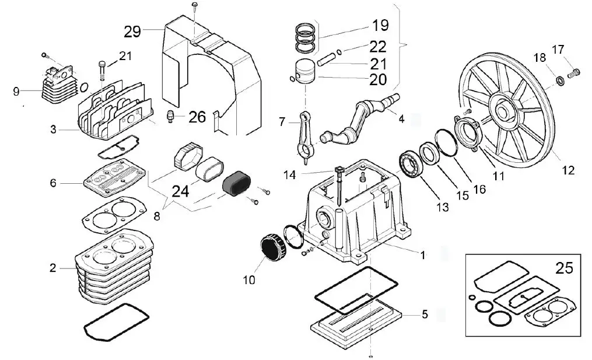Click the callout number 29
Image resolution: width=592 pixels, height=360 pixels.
[x=132, y=31]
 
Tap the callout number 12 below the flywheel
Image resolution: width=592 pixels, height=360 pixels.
[x=568, y=170]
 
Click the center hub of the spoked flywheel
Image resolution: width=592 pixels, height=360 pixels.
[x=504, y=109]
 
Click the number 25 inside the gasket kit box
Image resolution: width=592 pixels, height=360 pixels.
[x=564, y=268]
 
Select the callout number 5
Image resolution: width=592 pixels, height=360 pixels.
[x=425, y=314]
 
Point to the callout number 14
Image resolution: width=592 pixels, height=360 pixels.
[x=290, y=174]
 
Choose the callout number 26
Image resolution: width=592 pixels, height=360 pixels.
[x=197, y=117]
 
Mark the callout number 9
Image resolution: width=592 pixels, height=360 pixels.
[x=16, y=91]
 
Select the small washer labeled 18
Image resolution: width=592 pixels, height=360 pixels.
[x=559, y=80]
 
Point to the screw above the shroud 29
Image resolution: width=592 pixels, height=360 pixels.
[x=194, y=6]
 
